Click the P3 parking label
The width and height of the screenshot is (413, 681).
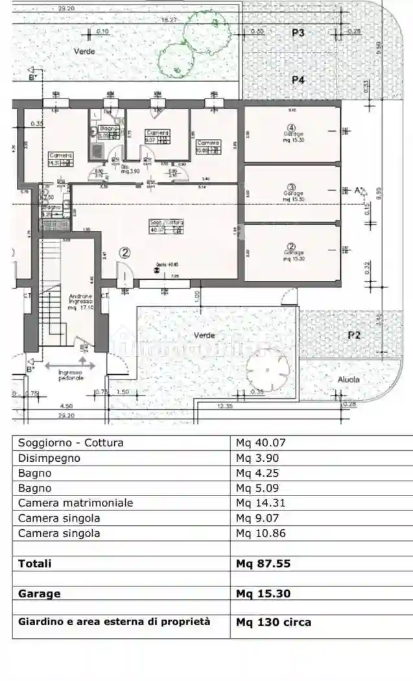tap(298, 32)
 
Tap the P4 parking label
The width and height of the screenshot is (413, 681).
tap(298, 80)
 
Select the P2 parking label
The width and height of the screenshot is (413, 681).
tap(353, 335)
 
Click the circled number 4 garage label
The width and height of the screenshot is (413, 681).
tap(292, 127)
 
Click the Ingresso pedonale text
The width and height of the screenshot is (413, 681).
tap(71, 375)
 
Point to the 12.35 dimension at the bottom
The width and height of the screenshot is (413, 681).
tap(224, 406)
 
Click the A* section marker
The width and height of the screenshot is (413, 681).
tap(359, 191)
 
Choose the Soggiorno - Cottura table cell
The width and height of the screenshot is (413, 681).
tap(71, 443)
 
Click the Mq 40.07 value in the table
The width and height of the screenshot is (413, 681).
tap(261, 443)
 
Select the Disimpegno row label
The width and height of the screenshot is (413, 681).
tap(49, 458)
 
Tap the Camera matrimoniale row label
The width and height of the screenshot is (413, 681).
tap(75, 503)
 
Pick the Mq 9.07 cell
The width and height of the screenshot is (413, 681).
tap(257, 518)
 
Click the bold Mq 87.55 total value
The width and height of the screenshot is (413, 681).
tap(263, 564)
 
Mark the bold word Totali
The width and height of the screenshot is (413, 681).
tap(34, 564)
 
